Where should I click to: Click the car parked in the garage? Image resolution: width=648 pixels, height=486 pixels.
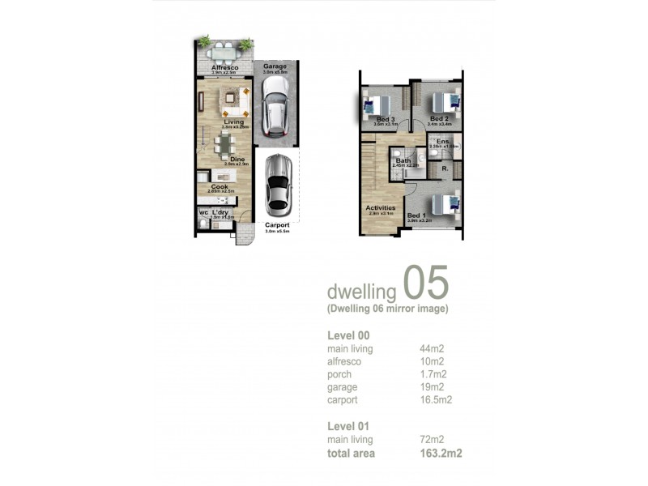coord(276,111)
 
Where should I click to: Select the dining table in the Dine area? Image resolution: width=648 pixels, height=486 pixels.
coord(224,146)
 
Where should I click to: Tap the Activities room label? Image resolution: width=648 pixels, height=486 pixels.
coord(380,207)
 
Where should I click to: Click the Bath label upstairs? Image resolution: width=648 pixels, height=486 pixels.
coord(403,160)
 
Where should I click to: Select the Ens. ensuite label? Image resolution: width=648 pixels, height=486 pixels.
coord(442,142)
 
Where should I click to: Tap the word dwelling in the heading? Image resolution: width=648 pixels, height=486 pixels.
coord(360,291)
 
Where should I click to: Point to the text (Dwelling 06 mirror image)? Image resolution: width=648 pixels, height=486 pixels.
coord(387,309)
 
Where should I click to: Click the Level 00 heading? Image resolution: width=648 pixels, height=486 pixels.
coord(348,335)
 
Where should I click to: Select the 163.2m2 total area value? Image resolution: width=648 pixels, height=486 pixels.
coord(441,453)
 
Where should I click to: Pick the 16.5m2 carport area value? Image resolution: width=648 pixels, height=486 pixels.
coord(436,399)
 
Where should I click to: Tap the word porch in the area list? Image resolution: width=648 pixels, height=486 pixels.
coord(339,374)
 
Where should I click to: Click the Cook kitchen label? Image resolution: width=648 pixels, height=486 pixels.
coord(220,186)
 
